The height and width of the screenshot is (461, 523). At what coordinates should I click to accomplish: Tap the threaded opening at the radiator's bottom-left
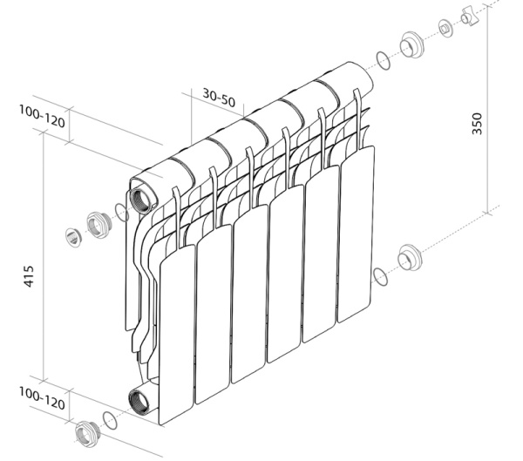tap(139, 403)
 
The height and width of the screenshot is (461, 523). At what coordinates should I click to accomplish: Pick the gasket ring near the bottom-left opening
tap(109, 419)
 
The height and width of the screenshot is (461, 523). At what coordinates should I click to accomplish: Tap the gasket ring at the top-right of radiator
tap(382, 61)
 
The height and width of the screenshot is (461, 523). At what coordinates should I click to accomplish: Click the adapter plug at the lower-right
tap(408, 259)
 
